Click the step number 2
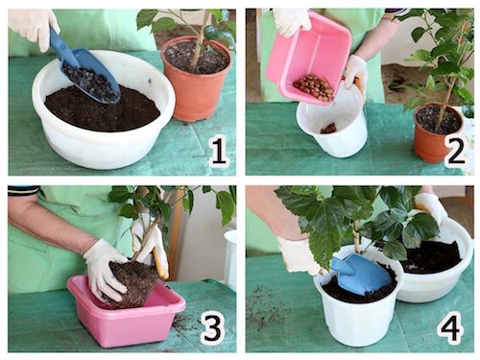456,152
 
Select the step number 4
450,327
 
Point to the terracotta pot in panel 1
196,80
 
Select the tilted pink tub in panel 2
309,58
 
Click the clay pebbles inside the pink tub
313,87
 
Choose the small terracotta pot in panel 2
438,133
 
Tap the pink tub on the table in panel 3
127,312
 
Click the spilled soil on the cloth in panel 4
267,304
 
